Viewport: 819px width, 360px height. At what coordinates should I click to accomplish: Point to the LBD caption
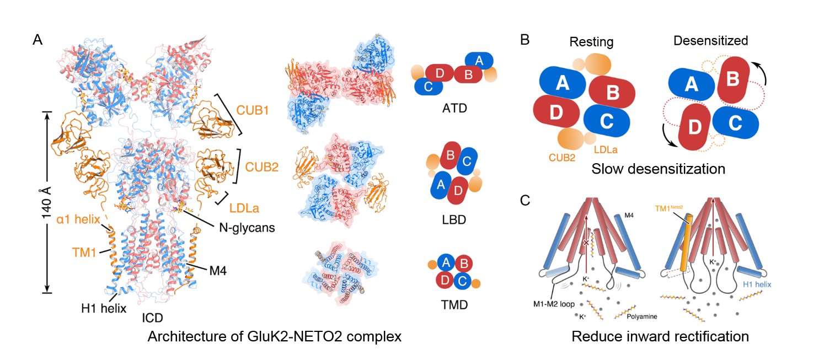click(454, 220)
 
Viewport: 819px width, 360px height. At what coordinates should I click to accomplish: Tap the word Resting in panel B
click(591, 42)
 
